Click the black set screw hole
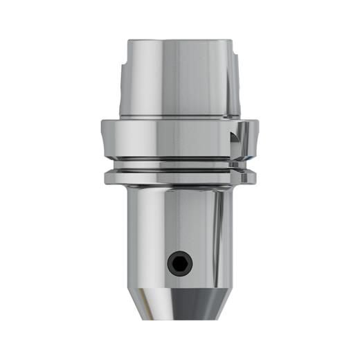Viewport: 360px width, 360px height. coord(179,262)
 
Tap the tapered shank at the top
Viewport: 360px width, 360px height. coord(179,76)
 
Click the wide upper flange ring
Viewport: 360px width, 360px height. coord(179,138)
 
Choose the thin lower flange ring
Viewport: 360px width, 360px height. coord(179,178)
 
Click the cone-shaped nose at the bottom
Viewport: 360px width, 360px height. coord(179,301)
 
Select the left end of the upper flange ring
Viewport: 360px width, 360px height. coord(105,138)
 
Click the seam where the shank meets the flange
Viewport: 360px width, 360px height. coord(179,118)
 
